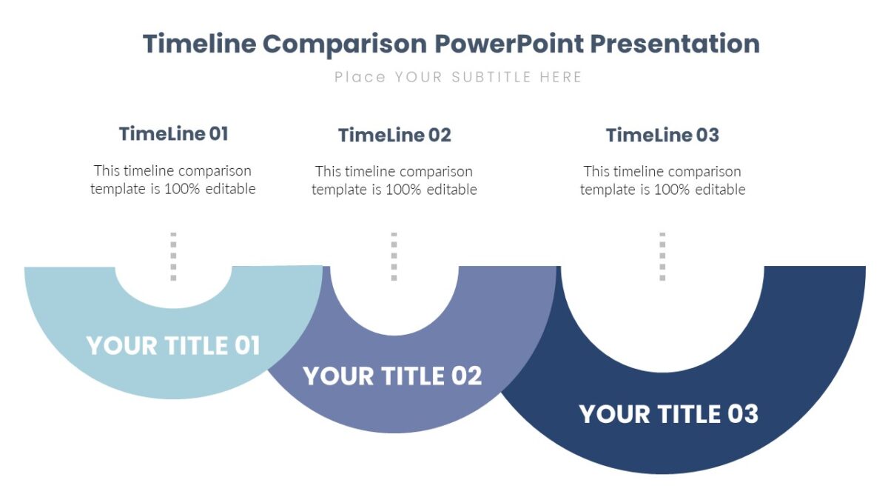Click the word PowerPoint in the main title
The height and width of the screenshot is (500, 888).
[508, 44]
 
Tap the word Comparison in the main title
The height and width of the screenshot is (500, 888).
[345, 44]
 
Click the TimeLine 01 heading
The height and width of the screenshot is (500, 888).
[173, 134]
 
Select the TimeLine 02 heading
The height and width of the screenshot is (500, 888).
[394, 136]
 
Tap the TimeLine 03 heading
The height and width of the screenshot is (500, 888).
[662, 136]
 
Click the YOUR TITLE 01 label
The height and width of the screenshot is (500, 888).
[173, 346]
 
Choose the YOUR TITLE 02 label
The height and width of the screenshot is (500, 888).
[393, 376]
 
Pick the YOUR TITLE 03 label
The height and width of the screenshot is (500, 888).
[668, 414]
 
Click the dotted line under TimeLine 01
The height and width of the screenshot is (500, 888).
[173, 256]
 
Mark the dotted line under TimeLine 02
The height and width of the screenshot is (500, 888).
[394, 256]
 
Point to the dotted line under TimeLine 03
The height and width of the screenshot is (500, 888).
[662, 256]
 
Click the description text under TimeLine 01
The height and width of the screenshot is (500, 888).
[173, 180]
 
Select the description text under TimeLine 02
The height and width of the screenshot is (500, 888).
[394, 180]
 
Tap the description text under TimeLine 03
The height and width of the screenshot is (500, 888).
[662, 180]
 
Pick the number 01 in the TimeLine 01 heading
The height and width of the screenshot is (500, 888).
[218, 134]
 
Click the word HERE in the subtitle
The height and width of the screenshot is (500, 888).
[560, 77]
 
